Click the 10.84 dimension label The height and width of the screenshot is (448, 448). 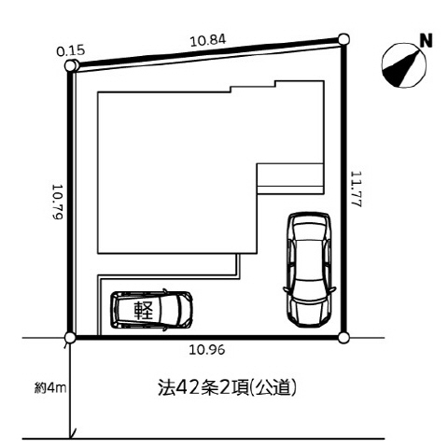pyautogui.click(x=208, y=40)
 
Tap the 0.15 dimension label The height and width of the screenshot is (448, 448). pyautogui.click(x=71, y=50)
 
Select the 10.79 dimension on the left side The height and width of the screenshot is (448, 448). pyautogui.click(x=58, y=202)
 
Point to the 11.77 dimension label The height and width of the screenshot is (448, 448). pyautogui.click(x=357, y=189)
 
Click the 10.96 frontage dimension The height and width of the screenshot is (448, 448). pyautogui.click(x=207, y=350)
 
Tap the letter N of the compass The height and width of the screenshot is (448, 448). pyautogui.click(x=427, y=41)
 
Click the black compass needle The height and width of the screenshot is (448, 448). pyautogui.click(x=400, y=66)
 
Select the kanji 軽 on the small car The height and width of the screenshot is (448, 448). pyautogui.click(x=144, y=310)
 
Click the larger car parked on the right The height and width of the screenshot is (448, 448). pyautogui.click(x=309, y=270)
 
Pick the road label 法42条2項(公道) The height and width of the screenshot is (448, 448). pyautogui.click(x=227, y=387)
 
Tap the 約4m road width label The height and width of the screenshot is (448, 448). pyautogui.click(x=50, y=388)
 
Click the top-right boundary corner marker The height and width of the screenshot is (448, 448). pyautogui.click(x=343, y=39)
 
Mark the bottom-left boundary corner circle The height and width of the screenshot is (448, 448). pyautogui.click(x=70, y=337)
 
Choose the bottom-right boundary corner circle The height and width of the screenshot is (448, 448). pyautogui.click(x=343, y=337)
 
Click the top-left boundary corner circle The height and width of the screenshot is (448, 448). pyautogui.click(x=71, y=66)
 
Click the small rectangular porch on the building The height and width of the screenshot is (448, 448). pyautogui.click(x=290, y=179)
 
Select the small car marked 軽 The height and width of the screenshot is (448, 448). pyautogui.click(x=152, y=310)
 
